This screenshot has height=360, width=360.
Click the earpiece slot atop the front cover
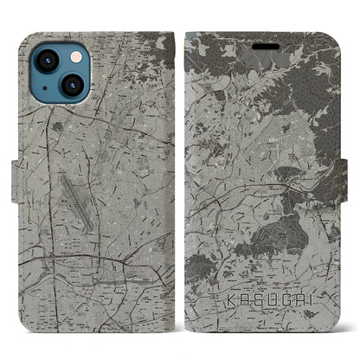(263, 36)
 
